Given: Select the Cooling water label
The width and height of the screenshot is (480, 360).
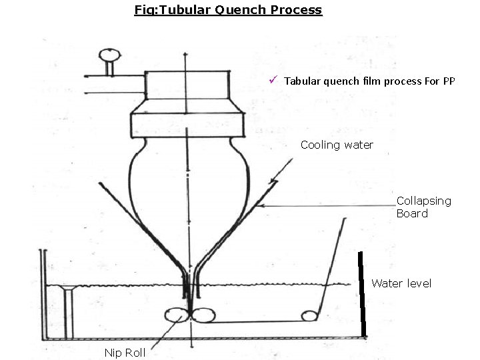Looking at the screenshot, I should click(337, 145).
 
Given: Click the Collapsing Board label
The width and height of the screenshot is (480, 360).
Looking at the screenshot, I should click(423, 207).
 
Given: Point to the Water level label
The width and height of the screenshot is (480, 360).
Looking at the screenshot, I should click(401, 283).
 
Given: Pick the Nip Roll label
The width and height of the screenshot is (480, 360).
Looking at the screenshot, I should click(125, 352).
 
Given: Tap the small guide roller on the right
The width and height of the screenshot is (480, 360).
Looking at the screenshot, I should click(308, 315).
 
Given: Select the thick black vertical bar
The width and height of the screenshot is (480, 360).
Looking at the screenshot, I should click(362, 294).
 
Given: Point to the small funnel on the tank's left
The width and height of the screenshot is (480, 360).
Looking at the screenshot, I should click(66, 289).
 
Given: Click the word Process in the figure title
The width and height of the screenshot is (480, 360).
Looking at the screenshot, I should click(297, 10).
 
